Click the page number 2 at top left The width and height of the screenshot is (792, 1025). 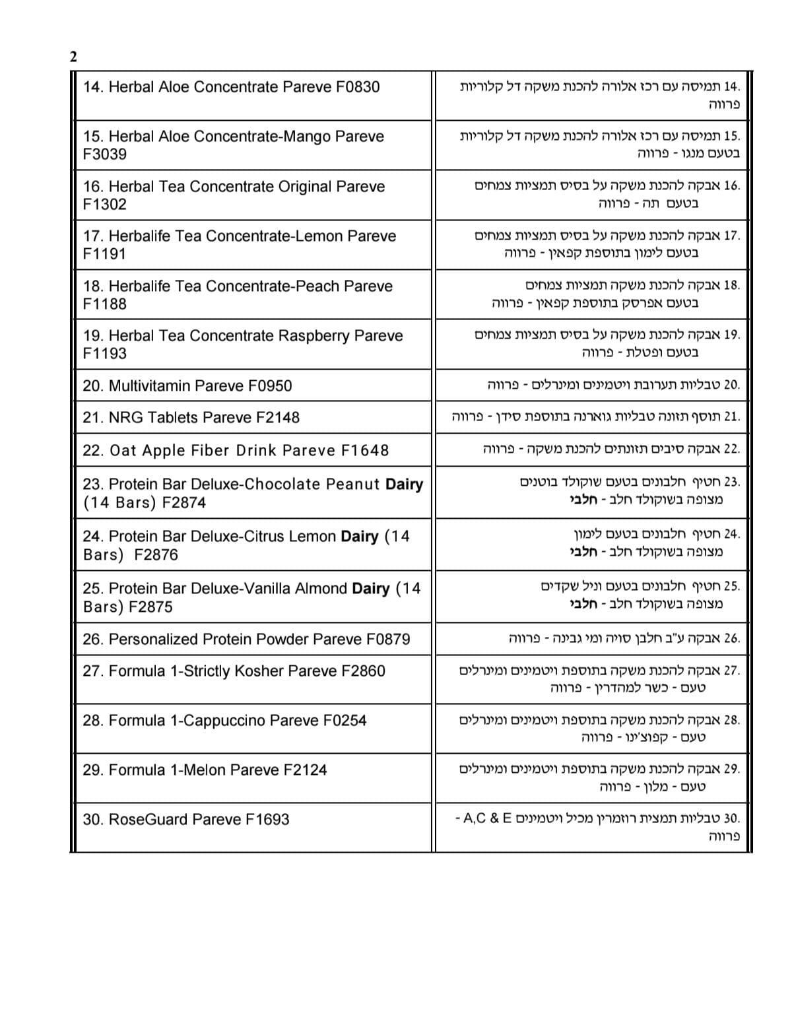pos(73,57)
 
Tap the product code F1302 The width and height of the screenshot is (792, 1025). pos(104,205)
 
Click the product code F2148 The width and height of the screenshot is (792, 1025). pos(277,418)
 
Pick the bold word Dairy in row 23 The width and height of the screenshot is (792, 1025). pos(404,484)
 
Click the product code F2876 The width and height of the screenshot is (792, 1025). pos(156,555)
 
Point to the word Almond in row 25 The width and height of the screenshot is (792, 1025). pos(323,589)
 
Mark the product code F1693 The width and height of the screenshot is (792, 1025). pos(267,820)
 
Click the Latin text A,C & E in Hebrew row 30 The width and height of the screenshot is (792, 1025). pos(488,819)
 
